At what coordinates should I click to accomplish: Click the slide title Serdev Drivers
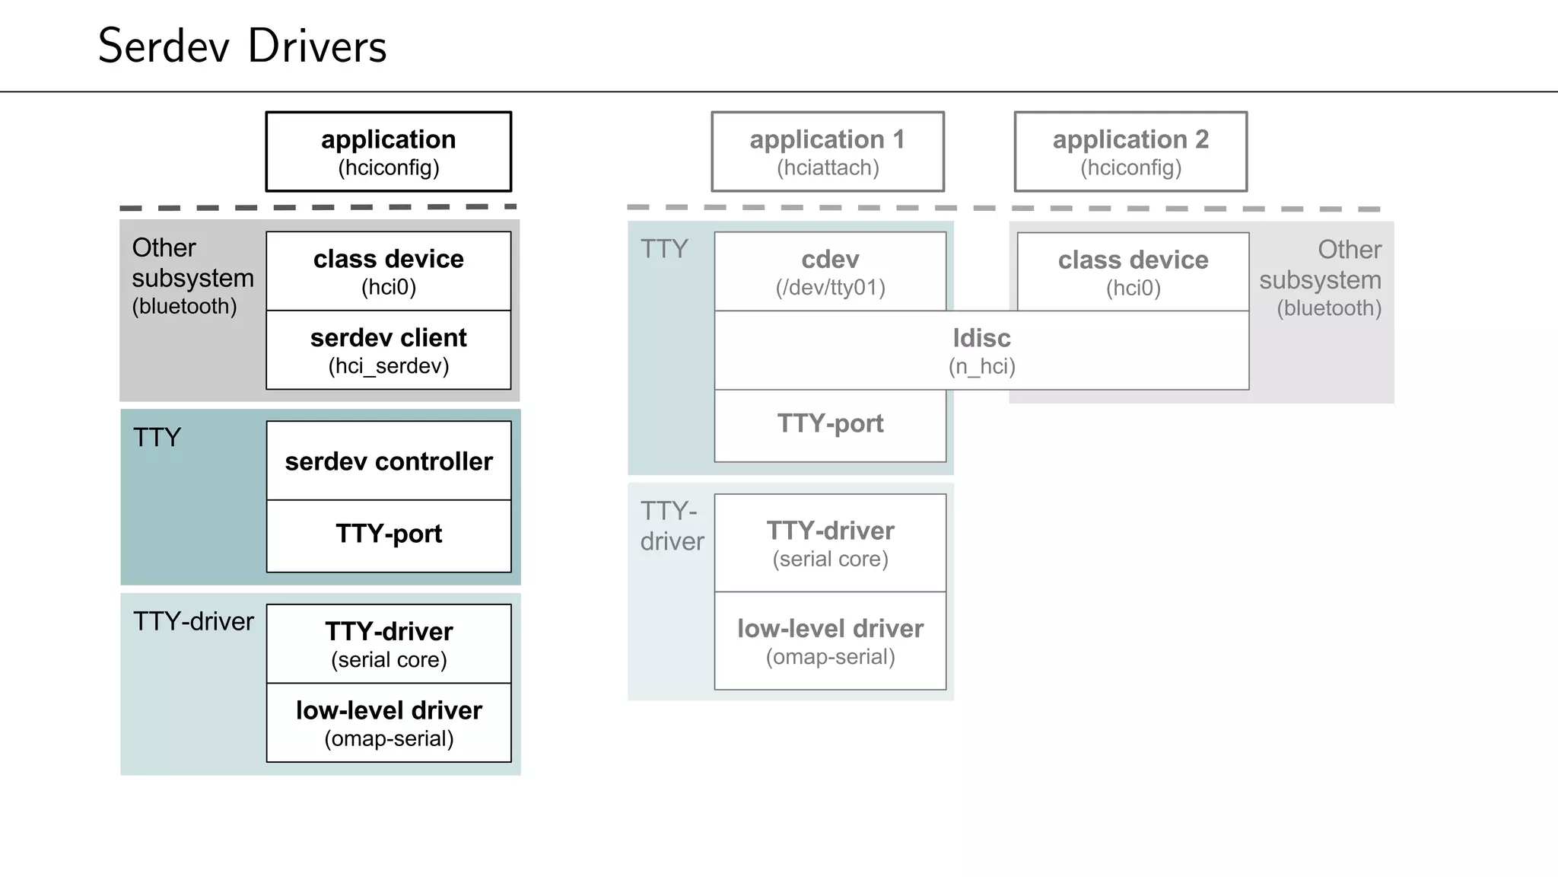tap(242, 46)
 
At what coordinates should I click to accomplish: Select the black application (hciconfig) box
tap(388, 151)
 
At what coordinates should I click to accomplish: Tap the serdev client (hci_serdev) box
tap(388, 350)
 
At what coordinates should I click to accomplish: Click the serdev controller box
tap(388, 461)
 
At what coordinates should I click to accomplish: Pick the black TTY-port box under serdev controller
tap(388, 534)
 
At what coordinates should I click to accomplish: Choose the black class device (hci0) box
tap(388, 271)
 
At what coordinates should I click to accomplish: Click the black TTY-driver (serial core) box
tap(388, 644)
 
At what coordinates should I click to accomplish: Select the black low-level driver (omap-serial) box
tap(388, 723)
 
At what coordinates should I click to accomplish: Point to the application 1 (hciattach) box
tap(828, 151)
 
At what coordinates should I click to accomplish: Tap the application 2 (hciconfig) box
tap(1130, 151)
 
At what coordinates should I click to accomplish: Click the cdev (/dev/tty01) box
tap(830, 272)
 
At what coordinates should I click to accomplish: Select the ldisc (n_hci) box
tap(981, 350)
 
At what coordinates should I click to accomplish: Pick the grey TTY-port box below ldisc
tap(830, 424)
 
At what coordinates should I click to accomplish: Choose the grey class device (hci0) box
tap(1133, 272)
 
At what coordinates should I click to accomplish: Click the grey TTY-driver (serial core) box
tap(830, 543)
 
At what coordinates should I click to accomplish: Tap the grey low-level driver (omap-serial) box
tap(830, 641)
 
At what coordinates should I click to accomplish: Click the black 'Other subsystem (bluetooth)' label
tap(192, 276)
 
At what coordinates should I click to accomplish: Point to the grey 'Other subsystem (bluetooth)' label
tap(1321, 279)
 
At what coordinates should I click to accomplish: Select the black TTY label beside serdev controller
tap(157, 438)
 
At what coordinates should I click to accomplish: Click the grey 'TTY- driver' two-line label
tap(671, 526)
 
